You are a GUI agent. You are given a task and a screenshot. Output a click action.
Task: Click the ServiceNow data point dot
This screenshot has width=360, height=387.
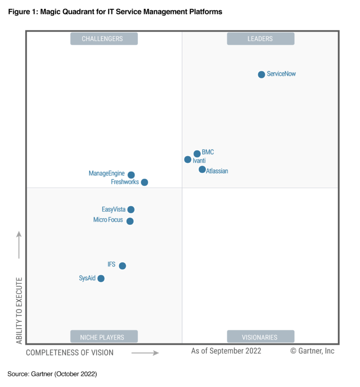pos(262,74)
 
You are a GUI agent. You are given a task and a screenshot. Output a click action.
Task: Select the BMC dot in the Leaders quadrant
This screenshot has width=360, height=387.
pos(197,153)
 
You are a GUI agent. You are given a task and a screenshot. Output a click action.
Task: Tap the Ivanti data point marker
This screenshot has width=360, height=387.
pos(188,159)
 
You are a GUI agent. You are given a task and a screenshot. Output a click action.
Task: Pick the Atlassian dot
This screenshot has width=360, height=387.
pos(202,169)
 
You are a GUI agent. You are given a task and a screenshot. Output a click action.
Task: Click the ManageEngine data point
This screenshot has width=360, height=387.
pos(131,175)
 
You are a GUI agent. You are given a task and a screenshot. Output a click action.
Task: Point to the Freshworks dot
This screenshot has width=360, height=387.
pos(144,182)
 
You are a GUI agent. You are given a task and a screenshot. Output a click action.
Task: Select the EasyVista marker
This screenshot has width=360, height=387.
pos(131,210)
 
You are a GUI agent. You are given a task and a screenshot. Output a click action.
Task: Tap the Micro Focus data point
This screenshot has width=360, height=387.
pos(130,221)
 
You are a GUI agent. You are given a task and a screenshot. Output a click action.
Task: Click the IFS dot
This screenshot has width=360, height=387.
pos(122,266)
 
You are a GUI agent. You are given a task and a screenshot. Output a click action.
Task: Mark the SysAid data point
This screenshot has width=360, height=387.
pos(101,278)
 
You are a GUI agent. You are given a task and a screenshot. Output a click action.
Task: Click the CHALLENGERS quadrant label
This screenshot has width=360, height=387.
pos(104,38)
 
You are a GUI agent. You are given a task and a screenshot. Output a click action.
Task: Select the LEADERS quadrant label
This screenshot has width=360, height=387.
pos(260,38)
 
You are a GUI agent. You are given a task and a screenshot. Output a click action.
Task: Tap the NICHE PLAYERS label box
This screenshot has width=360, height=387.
pos(104,337)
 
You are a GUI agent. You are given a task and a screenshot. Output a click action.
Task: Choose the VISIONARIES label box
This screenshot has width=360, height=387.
pos(260,337)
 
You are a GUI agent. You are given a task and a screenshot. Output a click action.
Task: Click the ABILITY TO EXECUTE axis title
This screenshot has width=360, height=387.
pos(19,311)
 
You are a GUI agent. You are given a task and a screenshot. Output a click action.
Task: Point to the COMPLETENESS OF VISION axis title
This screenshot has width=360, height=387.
pos(70,352)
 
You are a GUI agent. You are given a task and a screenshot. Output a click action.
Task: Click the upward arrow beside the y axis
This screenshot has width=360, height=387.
pos(19,244)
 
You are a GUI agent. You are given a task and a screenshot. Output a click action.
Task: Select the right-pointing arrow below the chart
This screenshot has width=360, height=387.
pos(145,352)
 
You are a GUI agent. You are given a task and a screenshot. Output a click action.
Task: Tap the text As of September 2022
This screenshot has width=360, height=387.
pos(226,351)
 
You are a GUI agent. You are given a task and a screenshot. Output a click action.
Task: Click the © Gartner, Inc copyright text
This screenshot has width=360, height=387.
pos(312,351)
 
